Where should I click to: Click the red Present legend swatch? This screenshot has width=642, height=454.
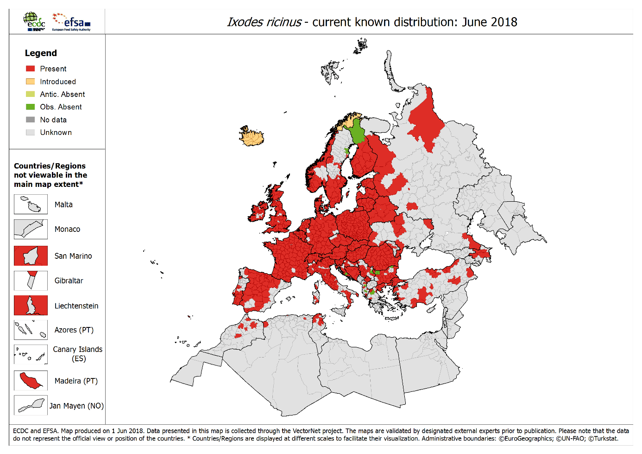(x=31, y=69)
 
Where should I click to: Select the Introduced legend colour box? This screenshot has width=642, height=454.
(x=31, y=82)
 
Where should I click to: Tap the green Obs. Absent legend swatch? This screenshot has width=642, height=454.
(x=31, y=107)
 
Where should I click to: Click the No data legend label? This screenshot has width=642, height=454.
(x=53, y=120)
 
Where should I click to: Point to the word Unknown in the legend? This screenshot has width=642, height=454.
(x=56, y=132)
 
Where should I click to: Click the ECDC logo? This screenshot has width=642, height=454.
(x=35, y=21)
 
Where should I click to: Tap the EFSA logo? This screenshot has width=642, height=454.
(x=71, y=21)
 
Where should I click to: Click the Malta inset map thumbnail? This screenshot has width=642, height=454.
(x=31, y=204)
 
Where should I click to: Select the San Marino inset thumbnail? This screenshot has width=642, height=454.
(x=31, y=256)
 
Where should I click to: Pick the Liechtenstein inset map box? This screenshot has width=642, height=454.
(x=31, y=305)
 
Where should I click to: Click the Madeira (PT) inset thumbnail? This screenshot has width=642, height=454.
(x=31, y=380)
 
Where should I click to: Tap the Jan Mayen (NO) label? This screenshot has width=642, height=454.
(x=76, y=406)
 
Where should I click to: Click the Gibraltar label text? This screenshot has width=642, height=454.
(x=69, y=281)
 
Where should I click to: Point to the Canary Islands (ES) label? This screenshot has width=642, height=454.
(x=77, y=354)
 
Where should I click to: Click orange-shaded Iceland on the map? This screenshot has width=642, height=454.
(x=252, y=137)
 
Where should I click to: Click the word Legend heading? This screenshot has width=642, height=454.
(x=41, y=53)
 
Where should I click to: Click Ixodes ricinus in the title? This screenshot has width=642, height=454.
(x=264, y=22)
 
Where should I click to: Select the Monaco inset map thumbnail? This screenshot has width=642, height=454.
(x=31, y=229)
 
